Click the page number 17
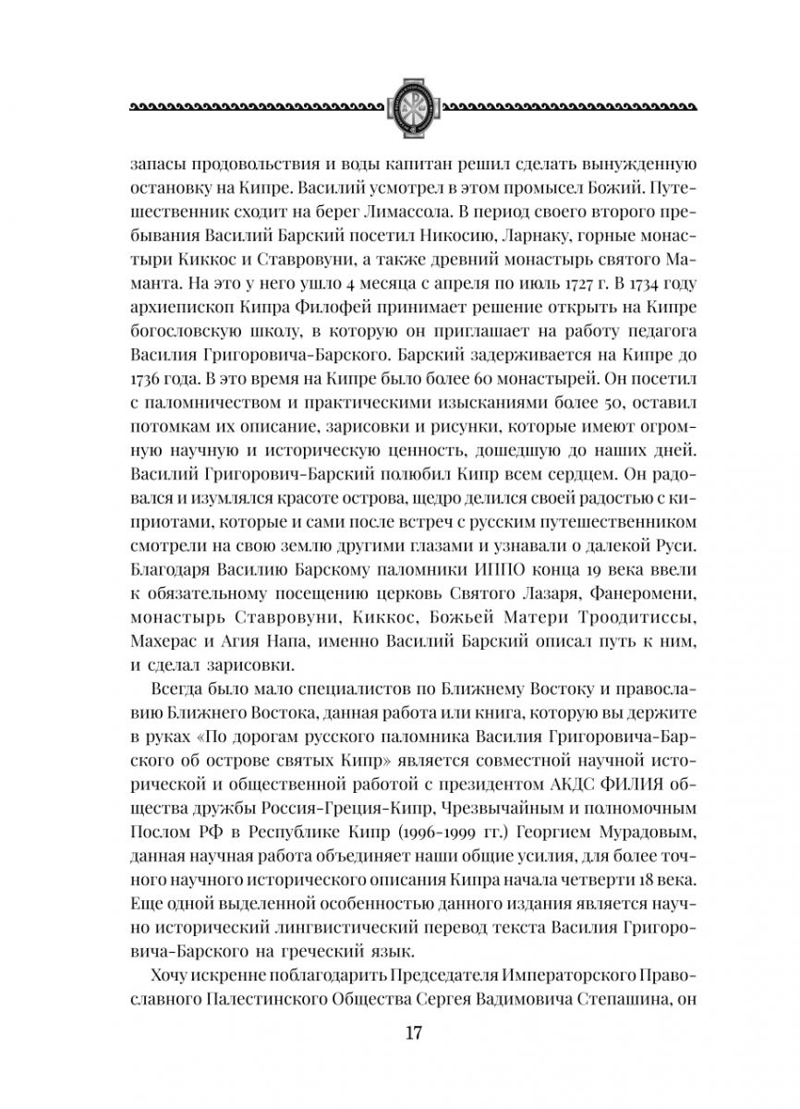[400, 1034]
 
